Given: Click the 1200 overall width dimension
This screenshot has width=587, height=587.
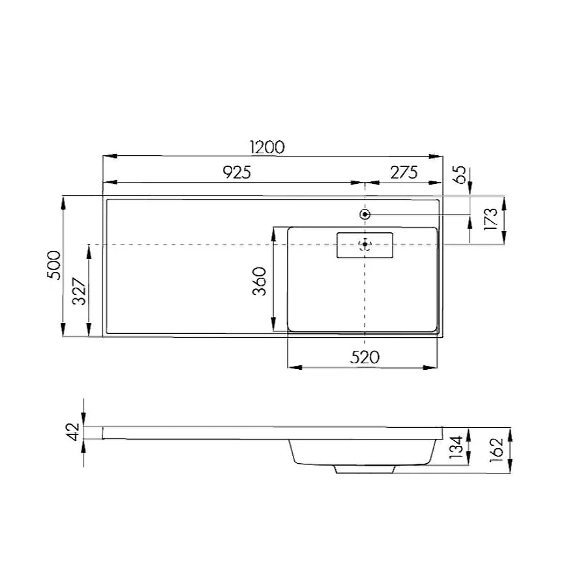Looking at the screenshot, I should (x=266, y=147).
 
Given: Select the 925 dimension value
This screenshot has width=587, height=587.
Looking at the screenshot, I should (x=237, y=173).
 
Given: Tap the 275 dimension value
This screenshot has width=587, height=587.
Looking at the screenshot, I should (x=403, y=173).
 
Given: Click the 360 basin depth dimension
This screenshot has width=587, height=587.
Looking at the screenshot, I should (x=260, y=281).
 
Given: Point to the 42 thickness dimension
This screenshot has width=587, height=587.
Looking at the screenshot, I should (x=73, y=432).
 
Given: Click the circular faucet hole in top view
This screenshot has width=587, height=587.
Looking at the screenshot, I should (x=365, y=214).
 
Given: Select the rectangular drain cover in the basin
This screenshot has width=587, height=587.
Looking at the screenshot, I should (x=365, y=245).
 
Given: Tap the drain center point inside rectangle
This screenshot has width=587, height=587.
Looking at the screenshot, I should (x=365, y=244).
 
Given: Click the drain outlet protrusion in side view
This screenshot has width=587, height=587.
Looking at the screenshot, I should (x=365, y=468).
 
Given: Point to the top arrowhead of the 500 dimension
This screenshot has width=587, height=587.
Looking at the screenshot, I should (x=63, y=200).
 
